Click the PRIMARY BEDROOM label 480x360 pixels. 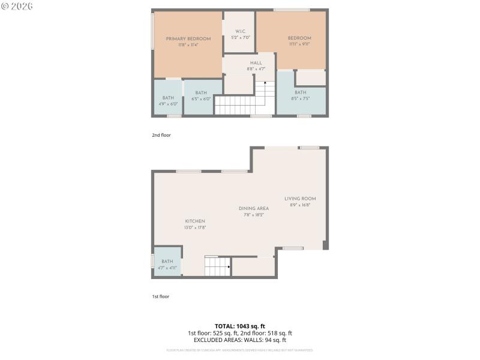click(188, 38)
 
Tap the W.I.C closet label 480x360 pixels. click(240, 31)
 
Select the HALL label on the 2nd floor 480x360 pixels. click(256, 62)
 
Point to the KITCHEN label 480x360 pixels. click(195, 221)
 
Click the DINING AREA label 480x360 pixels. click(254, 208)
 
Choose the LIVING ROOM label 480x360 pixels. click(300, 199)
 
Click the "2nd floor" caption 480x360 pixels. click(161, 135)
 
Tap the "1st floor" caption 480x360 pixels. click(160, 296)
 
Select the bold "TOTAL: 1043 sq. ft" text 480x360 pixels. click(240, 326)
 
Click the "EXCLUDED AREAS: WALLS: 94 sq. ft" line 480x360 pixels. click(240, 340)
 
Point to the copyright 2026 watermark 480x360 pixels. click(17, 5)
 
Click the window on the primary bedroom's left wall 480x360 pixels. click(152, 27)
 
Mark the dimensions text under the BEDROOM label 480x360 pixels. click(299, 44)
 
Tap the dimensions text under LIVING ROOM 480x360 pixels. click(300, 205)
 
